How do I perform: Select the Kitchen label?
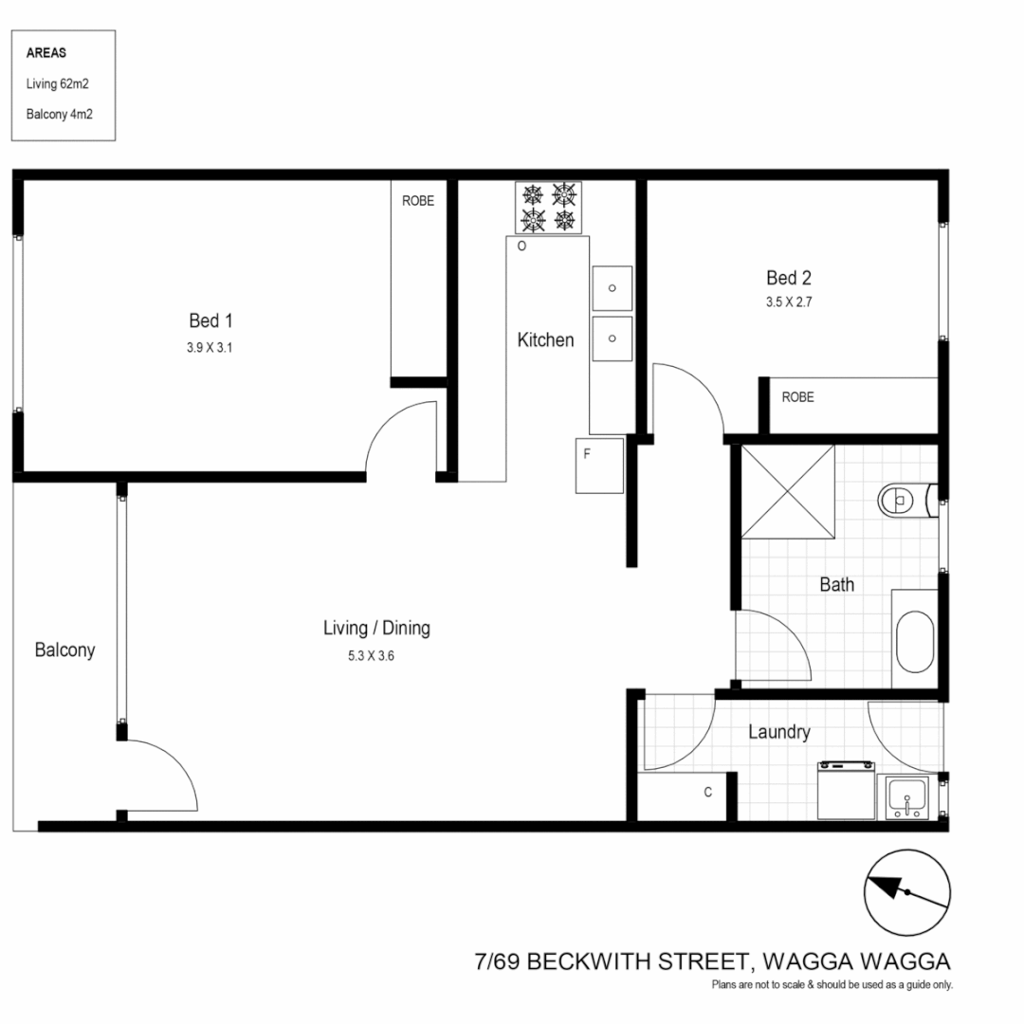[x=545, y=339]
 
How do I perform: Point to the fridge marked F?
[x=599, y=465]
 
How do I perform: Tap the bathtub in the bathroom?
[x=915, y=641]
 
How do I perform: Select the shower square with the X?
[x=788, y=492]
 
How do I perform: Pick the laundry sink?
[x=908, y=797]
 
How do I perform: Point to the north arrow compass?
[x=907, y=893]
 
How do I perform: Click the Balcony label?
[x=64, y=650]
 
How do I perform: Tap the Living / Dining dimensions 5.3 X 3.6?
[x=371, y=655]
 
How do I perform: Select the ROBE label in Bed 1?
[x=418, y=201]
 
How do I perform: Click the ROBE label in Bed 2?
[x=797, y=397]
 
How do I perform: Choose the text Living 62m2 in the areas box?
[x=58, y=83]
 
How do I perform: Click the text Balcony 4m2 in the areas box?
[x=60, y=113]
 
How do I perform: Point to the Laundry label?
[x=779, y=732]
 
